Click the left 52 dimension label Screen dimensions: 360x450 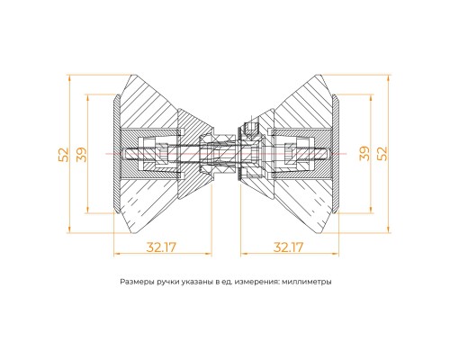coord(62,155)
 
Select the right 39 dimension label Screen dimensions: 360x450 coord(364,154)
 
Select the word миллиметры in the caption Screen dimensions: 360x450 coord(306,282)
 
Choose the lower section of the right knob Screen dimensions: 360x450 coord(297,202)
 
